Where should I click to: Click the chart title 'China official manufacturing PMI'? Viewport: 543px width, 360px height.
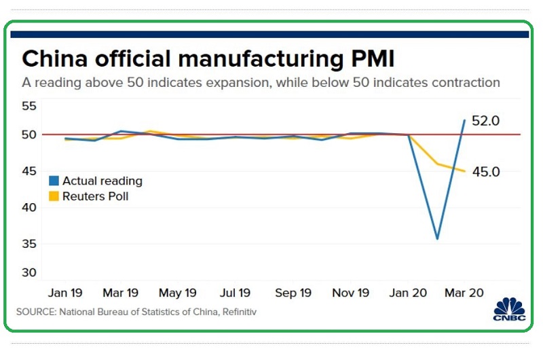[208, 58]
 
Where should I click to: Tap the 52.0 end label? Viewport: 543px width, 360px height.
[486, 121]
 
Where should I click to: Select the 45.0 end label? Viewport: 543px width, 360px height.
[486, 172]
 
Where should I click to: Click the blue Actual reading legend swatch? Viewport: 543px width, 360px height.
[54, 181]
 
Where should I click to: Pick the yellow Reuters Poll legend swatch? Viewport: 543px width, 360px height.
[54, 197]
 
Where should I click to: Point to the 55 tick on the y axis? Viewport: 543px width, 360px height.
[30, 106]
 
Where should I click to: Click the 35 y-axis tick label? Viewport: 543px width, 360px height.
[30, 244]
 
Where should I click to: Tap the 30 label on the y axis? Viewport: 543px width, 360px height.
[30, 272]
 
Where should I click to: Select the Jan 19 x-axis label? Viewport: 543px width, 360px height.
[65, 293]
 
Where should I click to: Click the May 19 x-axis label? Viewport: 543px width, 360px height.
[178, 293]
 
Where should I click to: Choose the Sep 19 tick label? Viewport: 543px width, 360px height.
[293, 293]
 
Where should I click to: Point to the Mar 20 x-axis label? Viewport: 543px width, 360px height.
[464, 293]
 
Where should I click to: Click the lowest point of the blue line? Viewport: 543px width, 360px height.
[437, 238]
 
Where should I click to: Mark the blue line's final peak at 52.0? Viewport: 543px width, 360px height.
[465, 120]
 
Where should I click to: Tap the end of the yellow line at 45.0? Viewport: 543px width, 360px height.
[465, 171]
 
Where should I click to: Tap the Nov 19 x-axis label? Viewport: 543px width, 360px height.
[350, 293]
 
